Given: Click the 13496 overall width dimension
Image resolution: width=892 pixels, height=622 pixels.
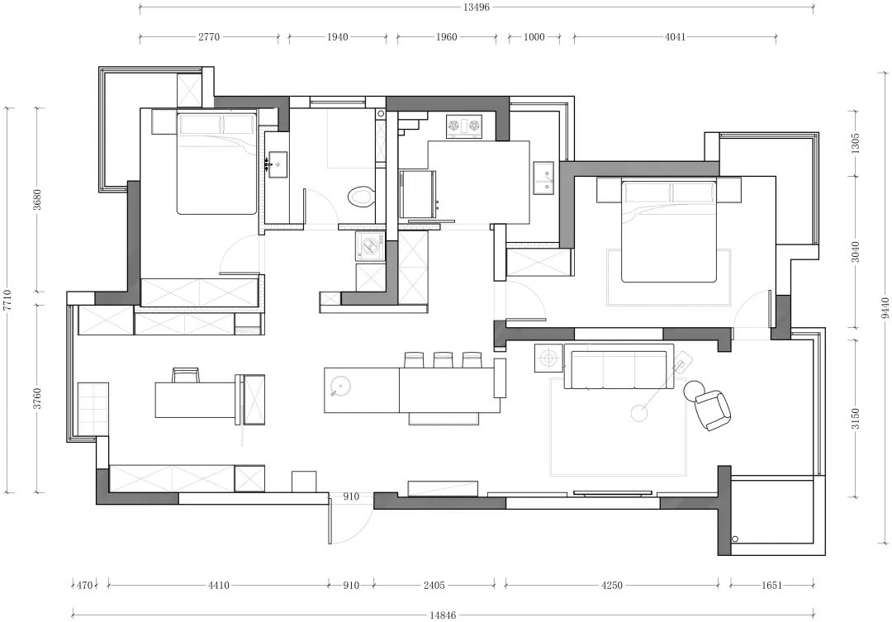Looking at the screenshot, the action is [x=477, y=7].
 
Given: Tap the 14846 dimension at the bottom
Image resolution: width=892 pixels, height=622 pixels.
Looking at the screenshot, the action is [x=444, y=615].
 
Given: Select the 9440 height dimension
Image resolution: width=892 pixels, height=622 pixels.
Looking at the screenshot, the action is [x=885, y=308].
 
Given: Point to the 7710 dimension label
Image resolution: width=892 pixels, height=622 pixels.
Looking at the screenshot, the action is [x=7, y=300].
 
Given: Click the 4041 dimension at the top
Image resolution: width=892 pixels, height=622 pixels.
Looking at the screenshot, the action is [x=676, y=37].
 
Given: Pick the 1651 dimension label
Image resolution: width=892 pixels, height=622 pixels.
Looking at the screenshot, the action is [x=771, y=585].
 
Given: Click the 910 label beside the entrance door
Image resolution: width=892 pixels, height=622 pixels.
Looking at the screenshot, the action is [x=352, y=496].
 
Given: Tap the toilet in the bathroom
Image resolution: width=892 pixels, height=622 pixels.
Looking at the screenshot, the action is [x=361, y=197].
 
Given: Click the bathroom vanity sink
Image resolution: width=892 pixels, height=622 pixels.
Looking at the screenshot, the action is [x=278, y=164].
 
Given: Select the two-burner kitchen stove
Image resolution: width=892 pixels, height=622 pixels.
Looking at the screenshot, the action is [x=464, y=126].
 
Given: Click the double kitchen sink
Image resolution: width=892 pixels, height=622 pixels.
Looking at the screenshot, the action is [x=543, y=178].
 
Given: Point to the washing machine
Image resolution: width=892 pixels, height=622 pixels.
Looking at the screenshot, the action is [x=370, y=246].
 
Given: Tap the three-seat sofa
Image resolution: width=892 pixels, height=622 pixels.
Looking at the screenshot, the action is [x=619, y=367].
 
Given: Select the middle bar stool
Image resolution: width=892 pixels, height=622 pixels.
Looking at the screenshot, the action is [x=443, y=359].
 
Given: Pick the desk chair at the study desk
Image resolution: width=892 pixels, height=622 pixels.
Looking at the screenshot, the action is [x=186, y=375].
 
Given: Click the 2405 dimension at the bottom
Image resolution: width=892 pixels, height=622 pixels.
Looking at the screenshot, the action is [x=434, y=585].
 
